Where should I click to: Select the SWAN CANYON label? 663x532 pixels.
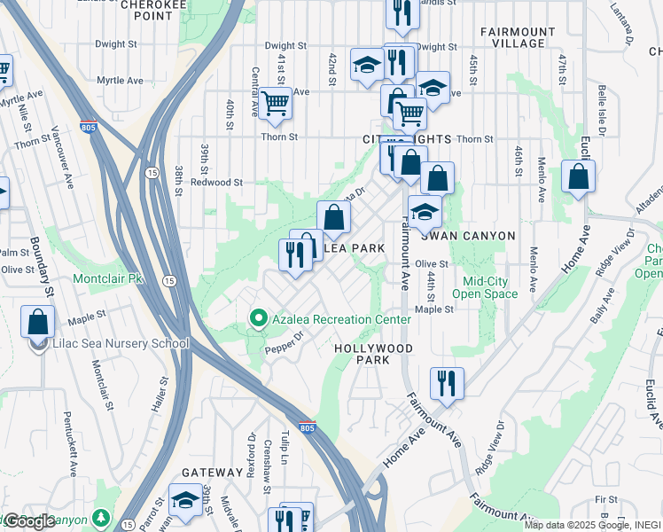pyautogui.click(x=467, y=236)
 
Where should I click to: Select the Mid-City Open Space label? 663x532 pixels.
pyautogui.click(x=486, y=286)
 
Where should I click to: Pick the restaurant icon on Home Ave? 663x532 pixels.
pyautogui.click(x=445, y=383)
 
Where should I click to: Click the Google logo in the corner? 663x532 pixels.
pyautogui.click(x=28, y=521)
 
